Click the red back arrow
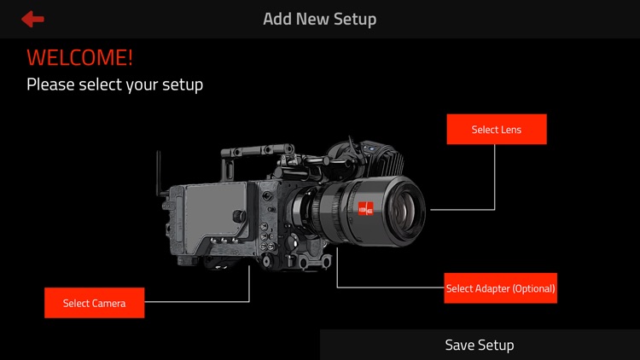click(x=32, y=19)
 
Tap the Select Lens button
click(x=497, y=129)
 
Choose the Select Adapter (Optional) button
click(x=500, y=288)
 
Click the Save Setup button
click(x=480, y=345)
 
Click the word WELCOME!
click(x=79, y=57)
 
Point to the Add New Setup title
click(x=320, y=19)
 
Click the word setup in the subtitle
click(x=183, y=85)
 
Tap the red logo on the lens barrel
click(x=366, y=208)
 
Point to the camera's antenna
click(x=159, y=173)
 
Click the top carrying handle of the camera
click(x=257, y=151)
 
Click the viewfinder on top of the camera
click(x=367, y=157)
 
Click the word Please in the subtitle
click(x=50, y=84)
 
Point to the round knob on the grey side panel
click(x=239, y=216)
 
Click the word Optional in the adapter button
click(x=533, y=288)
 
